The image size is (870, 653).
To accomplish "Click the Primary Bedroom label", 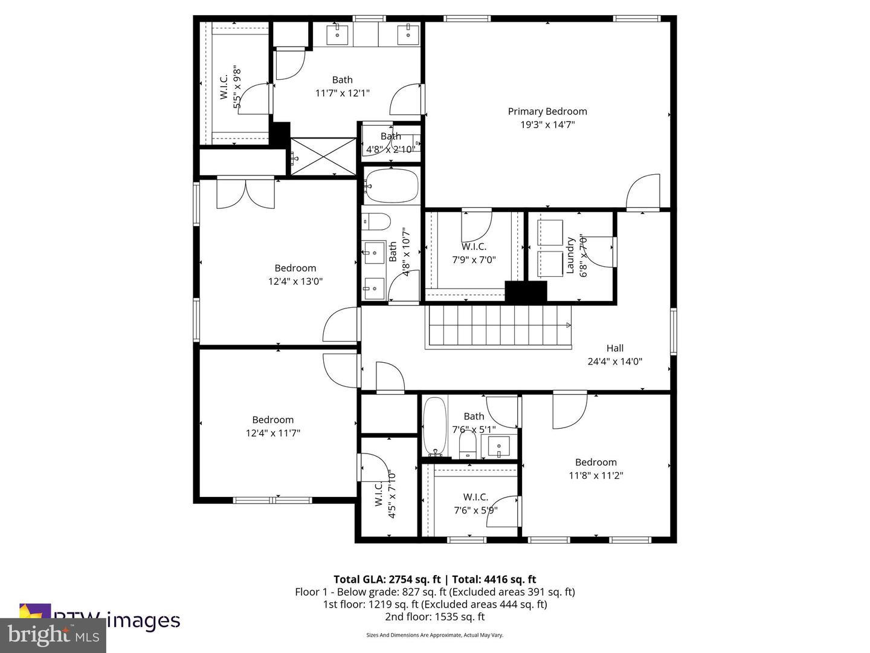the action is pyautogui.click(x=547, y=111).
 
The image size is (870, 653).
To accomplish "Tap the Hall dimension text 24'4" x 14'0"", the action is pyautogui.click(x=614, y=362).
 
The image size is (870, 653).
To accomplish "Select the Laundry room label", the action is pyautogui.click(x=570, y=255).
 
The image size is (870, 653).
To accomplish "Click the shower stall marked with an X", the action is pyautogui.click(x=324, y=157).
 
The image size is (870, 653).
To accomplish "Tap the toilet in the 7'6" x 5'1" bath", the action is pyautogui.click(x=468, y=446).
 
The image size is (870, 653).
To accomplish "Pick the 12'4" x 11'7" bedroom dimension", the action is pyautogui.click(x=273, y=433).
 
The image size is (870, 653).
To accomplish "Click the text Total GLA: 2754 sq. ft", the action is pyautogui.click(x=387, y=579).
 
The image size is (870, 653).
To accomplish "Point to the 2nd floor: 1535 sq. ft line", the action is pyautogui.click(x=434, y=617).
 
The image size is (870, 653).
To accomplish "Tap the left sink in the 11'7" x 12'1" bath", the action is pyautogui.click(x=338, y=34).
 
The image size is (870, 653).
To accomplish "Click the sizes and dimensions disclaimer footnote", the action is pyautogui.click(x=434, y=635).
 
